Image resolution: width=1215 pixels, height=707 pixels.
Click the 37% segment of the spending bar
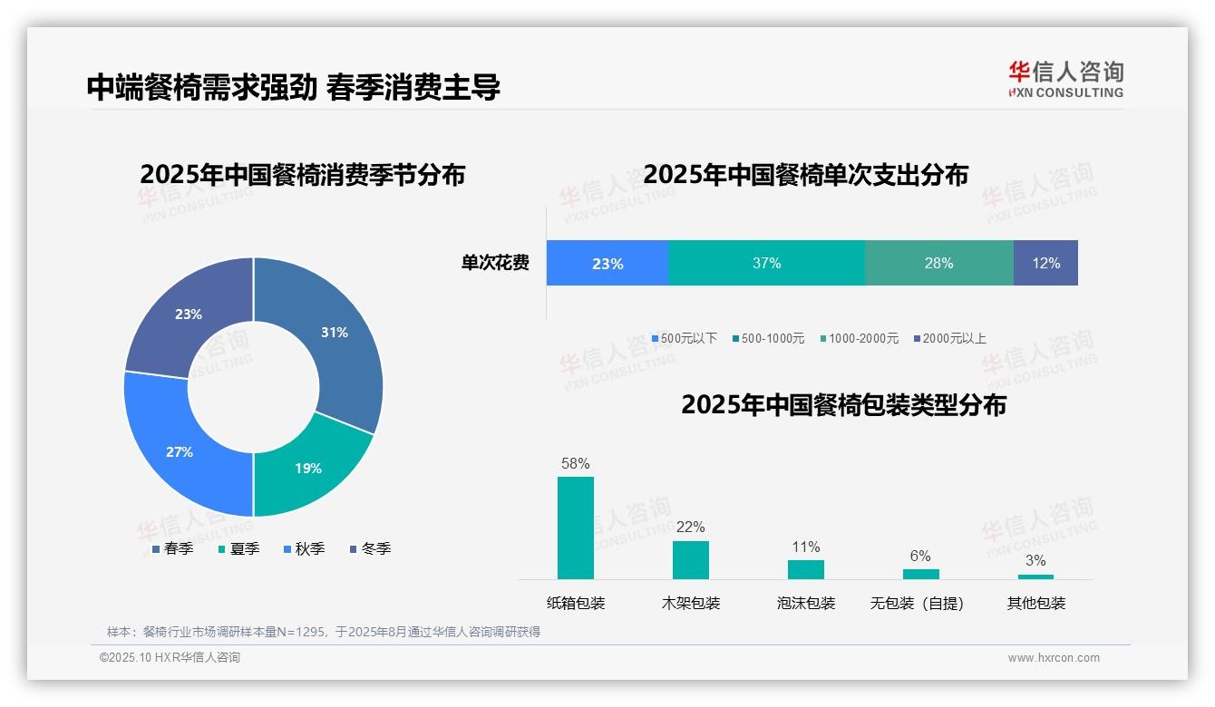(766, 263)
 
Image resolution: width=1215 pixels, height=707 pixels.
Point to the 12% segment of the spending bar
(1045, 263)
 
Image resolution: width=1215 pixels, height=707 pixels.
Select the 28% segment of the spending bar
(938, 263)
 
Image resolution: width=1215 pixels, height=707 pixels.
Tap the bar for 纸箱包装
(576, 528)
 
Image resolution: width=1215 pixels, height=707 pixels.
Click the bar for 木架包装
(691, 559)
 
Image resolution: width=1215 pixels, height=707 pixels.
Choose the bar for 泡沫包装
(806, 569)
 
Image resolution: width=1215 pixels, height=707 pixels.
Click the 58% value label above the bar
(576, 463)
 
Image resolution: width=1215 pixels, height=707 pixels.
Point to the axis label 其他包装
(1035, 603)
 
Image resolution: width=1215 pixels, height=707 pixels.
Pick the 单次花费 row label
(495, 263)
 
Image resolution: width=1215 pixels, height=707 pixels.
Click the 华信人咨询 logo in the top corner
(1065, 79)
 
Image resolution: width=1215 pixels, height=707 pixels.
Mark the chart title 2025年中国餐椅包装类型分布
(843, 404)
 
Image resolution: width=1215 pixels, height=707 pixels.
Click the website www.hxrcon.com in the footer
(1054, 658)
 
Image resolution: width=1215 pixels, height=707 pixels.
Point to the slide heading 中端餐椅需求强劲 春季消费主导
(294, 87)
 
